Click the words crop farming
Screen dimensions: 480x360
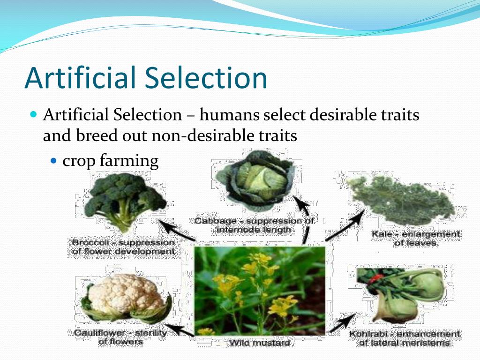point(111,160)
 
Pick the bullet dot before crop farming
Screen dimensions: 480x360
point(54,160)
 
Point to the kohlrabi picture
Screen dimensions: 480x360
point(401,293)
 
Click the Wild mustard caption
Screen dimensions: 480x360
point(260,343)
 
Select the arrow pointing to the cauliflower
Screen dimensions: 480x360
point(180,330)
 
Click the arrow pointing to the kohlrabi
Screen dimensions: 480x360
point(343,323)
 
